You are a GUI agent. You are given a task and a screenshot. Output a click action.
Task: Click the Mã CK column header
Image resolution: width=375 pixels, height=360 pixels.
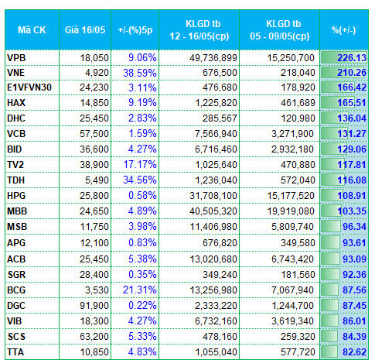(32, 30)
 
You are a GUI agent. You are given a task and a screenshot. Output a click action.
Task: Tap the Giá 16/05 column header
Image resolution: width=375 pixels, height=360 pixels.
(85, 30)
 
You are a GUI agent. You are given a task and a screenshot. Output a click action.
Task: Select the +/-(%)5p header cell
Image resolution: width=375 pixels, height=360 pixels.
(135, 30)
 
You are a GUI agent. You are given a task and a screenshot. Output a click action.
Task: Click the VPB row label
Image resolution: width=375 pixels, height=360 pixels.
(16, 58)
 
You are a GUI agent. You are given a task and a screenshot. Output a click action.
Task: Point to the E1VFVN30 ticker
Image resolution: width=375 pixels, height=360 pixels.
(29, 87)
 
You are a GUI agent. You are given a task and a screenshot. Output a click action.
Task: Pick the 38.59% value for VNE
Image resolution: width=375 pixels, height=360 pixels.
(140, 73)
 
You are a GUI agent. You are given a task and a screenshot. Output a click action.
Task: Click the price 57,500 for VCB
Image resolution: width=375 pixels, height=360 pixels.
(94, 134)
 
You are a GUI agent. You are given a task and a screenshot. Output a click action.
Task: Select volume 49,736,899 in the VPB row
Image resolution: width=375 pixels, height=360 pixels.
(213, 58)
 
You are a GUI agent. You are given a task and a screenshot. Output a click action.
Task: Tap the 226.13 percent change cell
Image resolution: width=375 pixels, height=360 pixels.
(352, 58)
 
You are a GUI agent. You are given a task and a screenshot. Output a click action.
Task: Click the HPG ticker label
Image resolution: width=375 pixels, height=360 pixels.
(16, 196)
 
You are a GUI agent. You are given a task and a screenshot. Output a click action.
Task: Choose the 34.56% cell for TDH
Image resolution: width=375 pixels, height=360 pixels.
(140, 180)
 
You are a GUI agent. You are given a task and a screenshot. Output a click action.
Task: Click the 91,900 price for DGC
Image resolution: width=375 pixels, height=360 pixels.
(94, 306)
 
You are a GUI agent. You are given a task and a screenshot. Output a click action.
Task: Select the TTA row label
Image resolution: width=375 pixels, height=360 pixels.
(15, 352)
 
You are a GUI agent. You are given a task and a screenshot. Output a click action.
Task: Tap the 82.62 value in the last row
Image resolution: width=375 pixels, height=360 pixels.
(354, 352)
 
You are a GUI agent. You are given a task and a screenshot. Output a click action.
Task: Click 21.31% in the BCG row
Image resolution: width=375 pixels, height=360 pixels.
(140, 290)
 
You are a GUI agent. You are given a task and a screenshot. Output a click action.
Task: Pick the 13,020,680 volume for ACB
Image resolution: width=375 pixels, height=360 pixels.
(213, 259)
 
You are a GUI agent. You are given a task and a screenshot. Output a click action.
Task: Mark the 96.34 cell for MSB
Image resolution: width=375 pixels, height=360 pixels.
(354, 227)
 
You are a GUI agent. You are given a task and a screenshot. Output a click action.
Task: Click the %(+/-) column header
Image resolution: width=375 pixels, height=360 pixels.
(344, 30)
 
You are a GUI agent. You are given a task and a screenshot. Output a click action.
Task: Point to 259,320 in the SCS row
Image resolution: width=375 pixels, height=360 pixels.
(298, 337)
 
